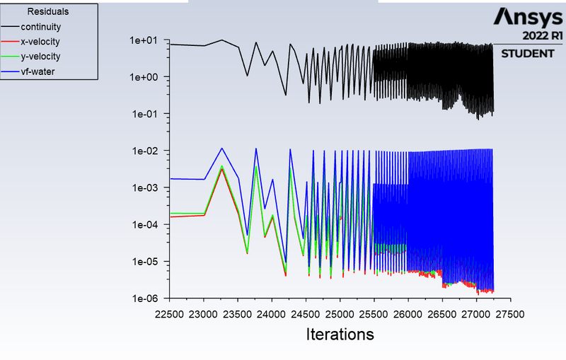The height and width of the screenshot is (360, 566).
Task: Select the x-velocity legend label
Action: pos(40,42)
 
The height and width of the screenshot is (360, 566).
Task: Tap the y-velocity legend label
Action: pos(40,57)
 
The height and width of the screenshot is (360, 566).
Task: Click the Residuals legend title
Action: pos(48,11)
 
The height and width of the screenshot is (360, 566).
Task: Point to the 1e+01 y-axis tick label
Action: pos(144,40)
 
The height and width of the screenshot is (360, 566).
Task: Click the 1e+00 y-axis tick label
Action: pos(144,77)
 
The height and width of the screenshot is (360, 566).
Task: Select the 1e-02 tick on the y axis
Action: pos(145,151)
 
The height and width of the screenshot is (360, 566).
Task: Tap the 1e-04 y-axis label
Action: pos(145,225)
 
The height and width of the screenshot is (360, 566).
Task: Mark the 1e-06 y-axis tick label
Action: pos(145,298)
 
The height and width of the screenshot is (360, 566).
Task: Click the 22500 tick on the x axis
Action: pos(169,314)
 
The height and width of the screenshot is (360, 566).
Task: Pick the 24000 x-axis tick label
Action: pos(272,314)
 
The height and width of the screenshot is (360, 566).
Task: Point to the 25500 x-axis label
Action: pos(374,314)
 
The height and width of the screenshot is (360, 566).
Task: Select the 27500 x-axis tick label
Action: pos(510,314)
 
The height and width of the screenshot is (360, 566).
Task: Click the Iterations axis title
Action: pos(340,334)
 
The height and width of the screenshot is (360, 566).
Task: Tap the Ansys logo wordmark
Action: pos(528,17)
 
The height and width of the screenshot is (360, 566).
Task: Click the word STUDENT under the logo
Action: pos(528,54)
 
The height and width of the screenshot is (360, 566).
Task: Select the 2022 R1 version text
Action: pos(543,35)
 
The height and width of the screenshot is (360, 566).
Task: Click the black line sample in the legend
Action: pos(10,26)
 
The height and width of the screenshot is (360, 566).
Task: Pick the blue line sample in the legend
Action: pos(10,71)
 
